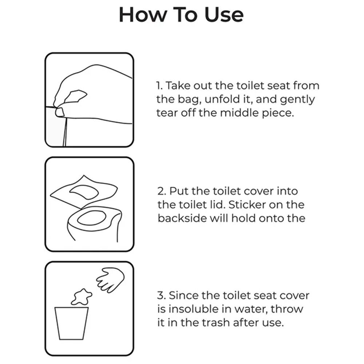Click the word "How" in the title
(143, 15)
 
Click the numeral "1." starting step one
(160, 86)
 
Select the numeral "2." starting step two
(162, 191)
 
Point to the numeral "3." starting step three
(161, 296)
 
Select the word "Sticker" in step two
(247, 205)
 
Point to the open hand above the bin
(110, 280)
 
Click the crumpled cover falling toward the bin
(81, 297)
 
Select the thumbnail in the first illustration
(60, 112)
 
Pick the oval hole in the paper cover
(84, 192)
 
